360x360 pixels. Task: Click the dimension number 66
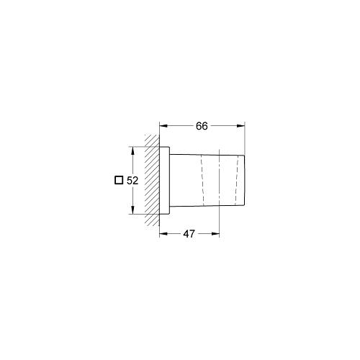tap(202, 126)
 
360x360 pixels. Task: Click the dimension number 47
tap(189, 234)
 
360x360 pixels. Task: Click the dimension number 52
tap(132, 181)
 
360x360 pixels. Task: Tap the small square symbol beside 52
tap(119, 180)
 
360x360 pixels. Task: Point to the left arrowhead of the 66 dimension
tap(163, 126)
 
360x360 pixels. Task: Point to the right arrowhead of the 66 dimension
tap(240, 126)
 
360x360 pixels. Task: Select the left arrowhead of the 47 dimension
tap(163, 234)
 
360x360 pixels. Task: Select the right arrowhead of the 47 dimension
tap(215, 234)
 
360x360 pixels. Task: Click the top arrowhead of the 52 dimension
tap(132, 150)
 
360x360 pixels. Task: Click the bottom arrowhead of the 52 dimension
tap(132, 210)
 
